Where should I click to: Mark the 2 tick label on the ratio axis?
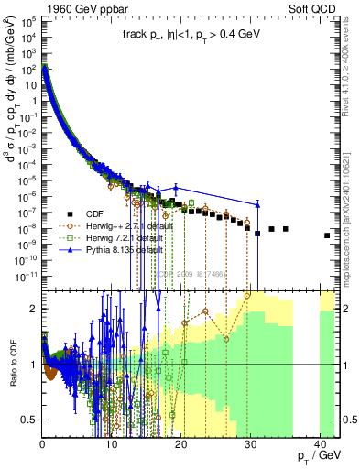(34, 309)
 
